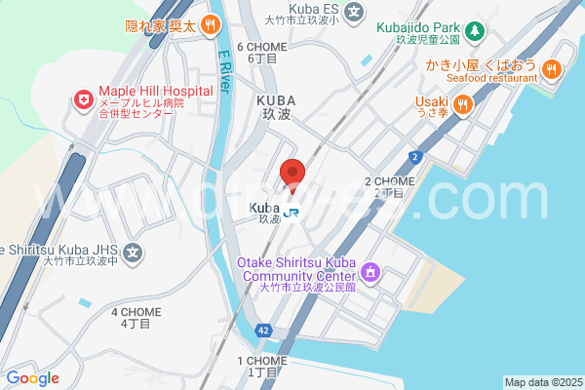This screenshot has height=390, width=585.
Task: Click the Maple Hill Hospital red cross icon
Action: click(84, 99)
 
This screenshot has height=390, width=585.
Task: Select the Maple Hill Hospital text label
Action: click(154, 92)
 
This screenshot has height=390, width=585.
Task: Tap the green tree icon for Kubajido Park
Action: click(473, 30)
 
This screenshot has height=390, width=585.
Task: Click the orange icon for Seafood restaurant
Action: click(551, 68)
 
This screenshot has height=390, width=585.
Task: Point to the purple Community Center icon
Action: click(370, 270)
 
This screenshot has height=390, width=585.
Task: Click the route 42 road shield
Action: click(264, 331)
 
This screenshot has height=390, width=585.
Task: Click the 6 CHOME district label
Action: click(263, 52)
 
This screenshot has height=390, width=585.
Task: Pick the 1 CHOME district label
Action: click(262, 366)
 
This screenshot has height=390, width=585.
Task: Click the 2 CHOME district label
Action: click(390, 186)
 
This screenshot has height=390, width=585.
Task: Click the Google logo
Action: click(32, 378)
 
